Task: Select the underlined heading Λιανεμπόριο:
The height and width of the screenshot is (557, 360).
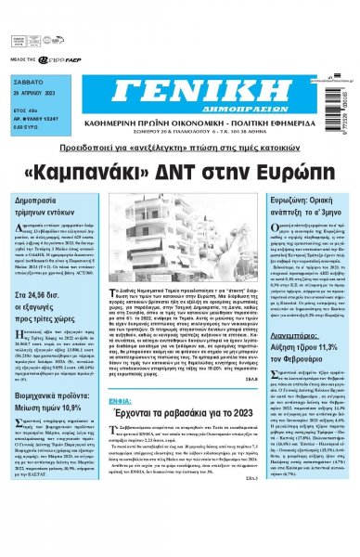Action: coord(291,365)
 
